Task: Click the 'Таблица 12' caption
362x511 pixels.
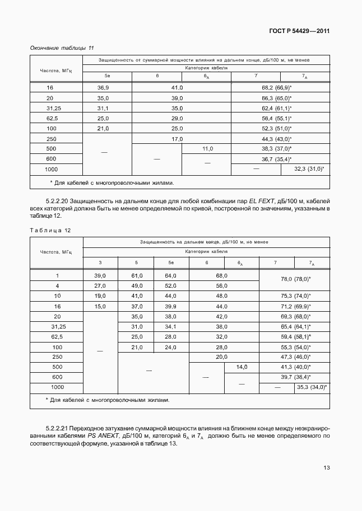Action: [x=50, y=230]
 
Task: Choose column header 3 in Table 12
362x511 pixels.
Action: [x=100, y=262]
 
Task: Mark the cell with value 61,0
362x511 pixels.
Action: [x=137, y=276]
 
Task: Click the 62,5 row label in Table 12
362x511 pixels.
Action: [x=56, y=336]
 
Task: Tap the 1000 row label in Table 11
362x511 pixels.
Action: [x=52, y=168]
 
